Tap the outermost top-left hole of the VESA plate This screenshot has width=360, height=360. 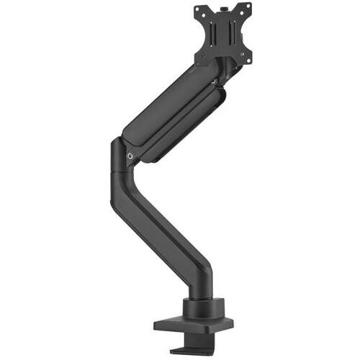tap(198, 12)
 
